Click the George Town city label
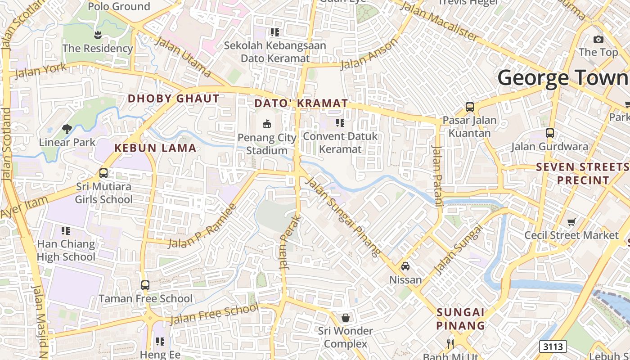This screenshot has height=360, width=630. click(x=562, y=77)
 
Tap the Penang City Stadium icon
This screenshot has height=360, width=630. click(x=267, y=123)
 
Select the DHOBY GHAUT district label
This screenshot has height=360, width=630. click(x=174, y=99)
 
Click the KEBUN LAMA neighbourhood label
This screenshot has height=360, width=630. click(x=155, y=148)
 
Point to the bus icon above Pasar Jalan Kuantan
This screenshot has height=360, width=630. click(x=470, y=107)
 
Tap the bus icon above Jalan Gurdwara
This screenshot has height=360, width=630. click(x=549, y=133)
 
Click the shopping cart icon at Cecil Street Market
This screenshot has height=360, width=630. click(x=571, y=221)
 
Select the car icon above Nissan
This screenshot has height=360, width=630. click(x=405, y=266)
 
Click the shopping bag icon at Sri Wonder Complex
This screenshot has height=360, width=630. click(x=345, y=318)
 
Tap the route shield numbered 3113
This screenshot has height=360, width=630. click(x=553, y=346)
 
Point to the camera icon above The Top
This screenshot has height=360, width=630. click(x=598, y=39)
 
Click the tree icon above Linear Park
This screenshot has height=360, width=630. click(x=67, y=129)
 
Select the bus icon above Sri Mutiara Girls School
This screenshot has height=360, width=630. click(x=103, y=173)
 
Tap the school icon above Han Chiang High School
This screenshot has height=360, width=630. click(x=66, y=231)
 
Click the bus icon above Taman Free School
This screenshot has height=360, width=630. click(x=145, y=285)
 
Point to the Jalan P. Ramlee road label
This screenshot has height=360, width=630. click(x=202, y=227)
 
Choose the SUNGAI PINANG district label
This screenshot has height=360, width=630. click(x=461, y=319)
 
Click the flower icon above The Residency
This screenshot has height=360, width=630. click(x=98, y=35)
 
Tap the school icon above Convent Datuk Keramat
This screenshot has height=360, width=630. click(x=340, y=122)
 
